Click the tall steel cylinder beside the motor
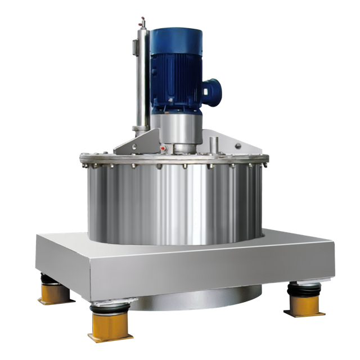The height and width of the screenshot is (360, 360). [141, 84]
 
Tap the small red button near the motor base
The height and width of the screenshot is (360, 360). [163, 148]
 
